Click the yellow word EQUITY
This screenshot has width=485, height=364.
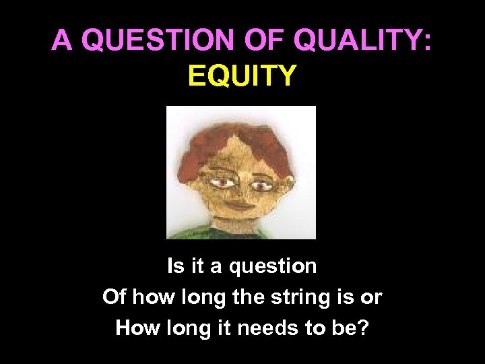click(x=242, y=75)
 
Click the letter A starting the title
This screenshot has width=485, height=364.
click(x=62, y=41)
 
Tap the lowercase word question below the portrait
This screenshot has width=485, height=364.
click(x=272, y=267)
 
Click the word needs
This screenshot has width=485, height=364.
click(x=282, y=328)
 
